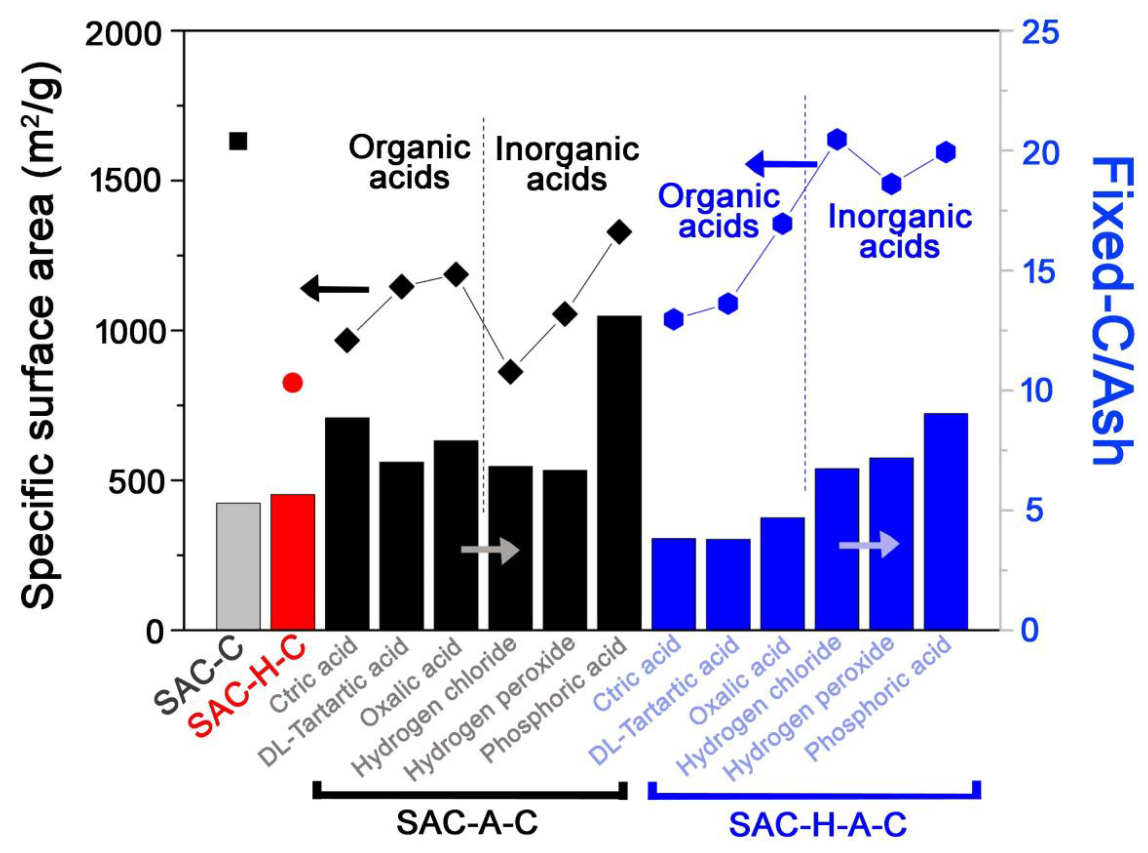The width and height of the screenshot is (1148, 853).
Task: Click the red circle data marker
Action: tap(293, 382)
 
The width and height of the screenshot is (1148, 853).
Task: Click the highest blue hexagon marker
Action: tap(837, 139)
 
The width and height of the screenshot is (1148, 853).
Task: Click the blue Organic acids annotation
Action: tap(719, 211)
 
